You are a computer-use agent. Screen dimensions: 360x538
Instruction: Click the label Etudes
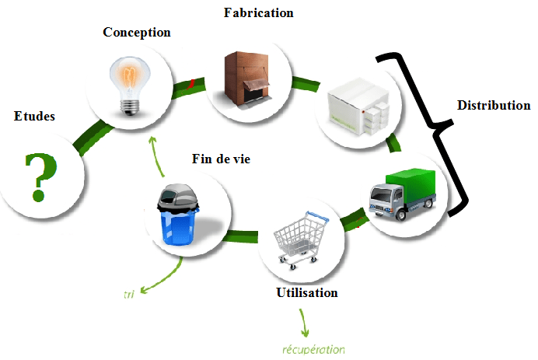click(x=34, y=117)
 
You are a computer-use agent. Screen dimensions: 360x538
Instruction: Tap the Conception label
click(x=137, y=33)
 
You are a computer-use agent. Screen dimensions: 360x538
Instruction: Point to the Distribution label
click(x=494, y=105)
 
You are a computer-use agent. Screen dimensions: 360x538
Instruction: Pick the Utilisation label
click(x=307, y=293)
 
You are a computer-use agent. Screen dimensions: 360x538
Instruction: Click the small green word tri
click(x=129, y=295)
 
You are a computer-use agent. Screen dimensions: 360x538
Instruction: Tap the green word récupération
click(x=313, y=349)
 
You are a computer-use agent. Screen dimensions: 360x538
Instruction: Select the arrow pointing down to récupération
click(x=302, y=320)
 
